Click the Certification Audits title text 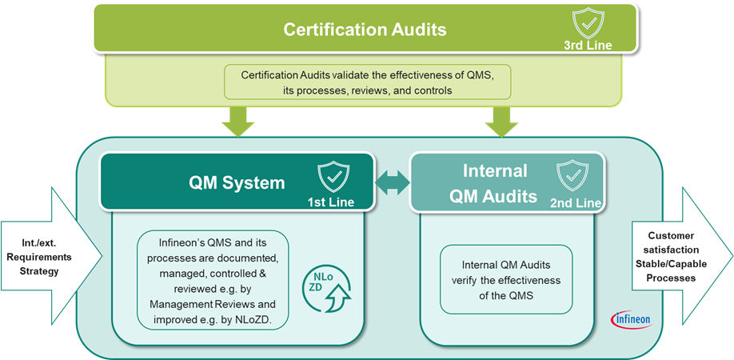pyautogui.click(x=365, y=30)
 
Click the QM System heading pyautogui.click(x=237, y=182)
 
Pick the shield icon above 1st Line pyautogui.click(x=333, y=176)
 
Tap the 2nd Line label pyautogui.click(x=576, y=204)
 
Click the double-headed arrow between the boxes pyautogui.click(x=392, y=183)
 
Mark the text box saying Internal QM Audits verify pyautogui.click(x=506, y=279)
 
